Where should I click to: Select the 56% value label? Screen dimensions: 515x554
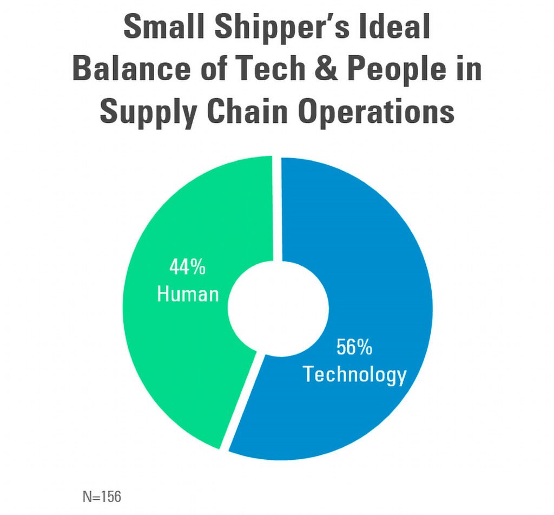pos(354,347)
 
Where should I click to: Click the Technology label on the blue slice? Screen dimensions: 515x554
pos(354,374)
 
